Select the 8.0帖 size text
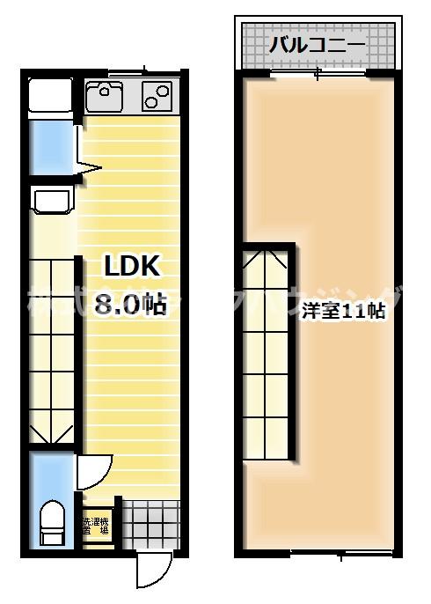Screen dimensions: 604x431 130,305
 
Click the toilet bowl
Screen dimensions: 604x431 51,524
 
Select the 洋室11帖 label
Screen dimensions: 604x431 344,310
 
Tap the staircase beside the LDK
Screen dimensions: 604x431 53,352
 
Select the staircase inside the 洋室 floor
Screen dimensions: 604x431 267,352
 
